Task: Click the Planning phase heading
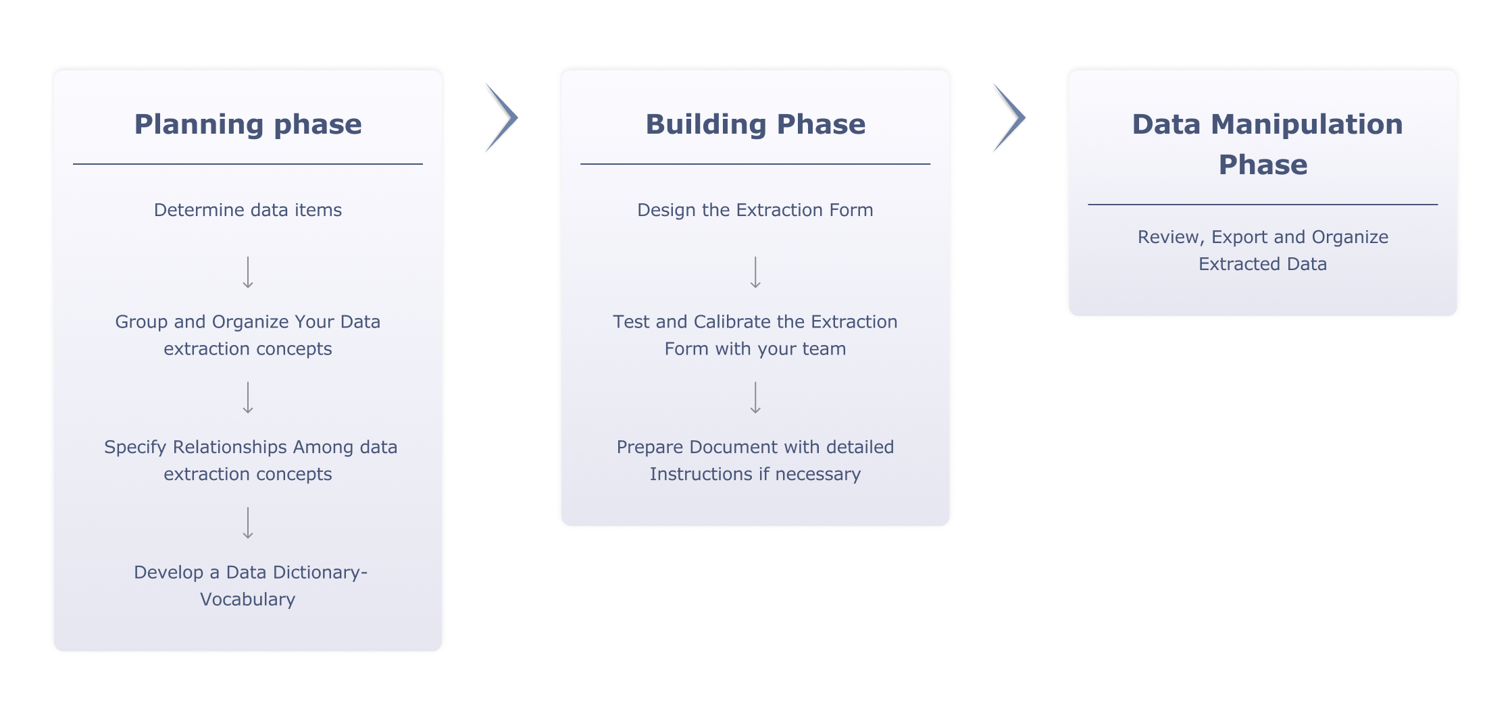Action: point(248,124)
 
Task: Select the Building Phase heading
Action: point(755,124)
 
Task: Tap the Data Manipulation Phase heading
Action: point(1263,144)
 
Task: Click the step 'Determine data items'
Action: point(248,210)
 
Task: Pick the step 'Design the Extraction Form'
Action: point(755,210)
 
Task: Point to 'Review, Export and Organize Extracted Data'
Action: point(1263,250)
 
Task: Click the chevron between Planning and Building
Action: point(502,117)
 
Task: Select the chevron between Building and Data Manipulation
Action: point(1009,117)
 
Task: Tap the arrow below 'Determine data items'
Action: point(248,272)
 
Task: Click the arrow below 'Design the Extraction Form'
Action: point(755,272)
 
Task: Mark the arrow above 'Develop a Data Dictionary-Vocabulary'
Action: point(248,523)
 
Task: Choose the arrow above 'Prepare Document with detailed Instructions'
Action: point(755,397)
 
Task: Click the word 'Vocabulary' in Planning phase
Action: point(248,600)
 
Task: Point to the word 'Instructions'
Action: point(701,474)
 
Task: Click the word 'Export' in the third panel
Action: point(1240,237)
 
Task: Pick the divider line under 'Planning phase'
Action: point(248,164)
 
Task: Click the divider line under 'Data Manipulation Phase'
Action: point(1263,205)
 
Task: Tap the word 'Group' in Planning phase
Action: point(141,322)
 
